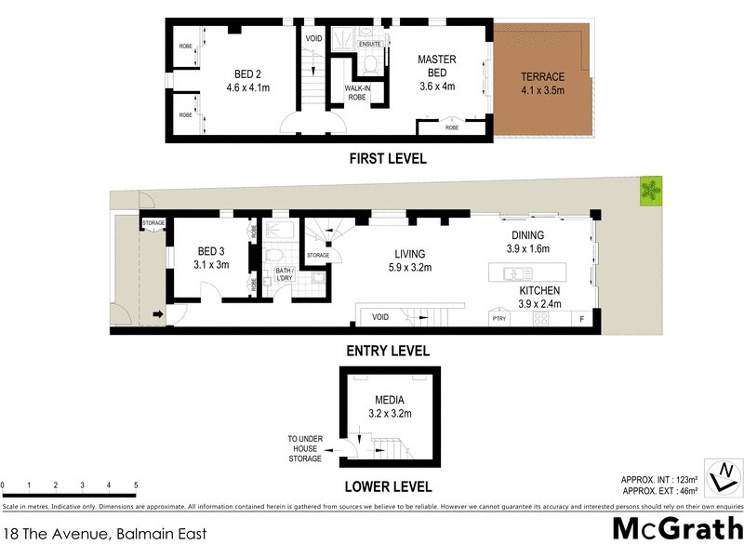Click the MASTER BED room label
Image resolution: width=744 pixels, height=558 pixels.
(436, 66)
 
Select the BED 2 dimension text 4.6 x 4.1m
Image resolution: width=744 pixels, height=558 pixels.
(247, 88)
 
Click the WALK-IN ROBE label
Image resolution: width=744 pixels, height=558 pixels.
(358, 92)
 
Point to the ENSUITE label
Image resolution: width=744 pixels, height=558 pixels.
(370, 43)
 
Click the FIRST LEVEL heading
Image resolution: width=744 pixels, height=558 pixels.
(388, 159)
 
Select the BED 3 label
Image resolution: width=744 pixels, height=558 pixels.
(211, 251)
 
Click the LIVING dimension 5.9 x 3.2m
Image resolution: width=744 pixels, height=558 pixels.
(409, 268)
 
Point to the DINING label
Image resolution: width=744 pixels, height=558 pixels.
(526, 235)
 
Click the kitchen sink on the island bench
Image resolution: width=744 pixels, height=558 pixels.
(514, 273)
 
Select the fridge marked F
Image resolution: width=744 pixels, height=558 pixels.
(582, 319)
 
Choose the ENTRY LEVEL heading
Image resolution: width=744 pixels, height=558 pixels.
(388, 351)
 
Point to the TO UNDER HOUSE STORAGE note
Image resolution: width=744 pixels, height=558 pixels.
(304, 448)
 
